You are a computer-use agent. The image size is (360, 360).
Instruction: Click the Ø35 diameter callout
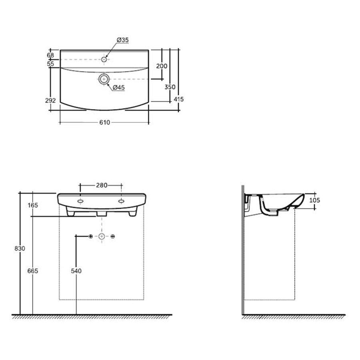(123, 40)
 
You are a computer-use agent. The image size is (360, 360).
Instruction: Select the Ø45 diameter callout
(119, 88)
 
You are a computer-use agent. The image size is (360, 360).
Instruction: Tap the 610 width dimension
(104, 123)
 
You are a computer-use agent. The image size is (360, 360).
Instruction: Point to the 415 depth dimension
(179, 99)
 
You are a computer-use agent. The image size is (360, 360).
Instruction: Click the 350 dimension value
(170, 87)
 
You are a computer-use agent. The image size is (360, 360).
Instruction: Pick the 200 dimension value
(162, 66)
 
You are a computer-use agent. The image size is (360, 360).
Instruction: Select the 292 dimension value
(50, 100)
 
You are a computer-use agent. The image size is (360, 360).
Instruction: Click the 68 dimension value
(50, 55)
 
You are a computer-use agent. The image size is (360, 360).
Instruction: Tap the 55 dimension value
(50, 64)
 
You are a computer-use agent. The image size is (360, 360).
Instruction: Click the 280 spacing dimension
(102, 185)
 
